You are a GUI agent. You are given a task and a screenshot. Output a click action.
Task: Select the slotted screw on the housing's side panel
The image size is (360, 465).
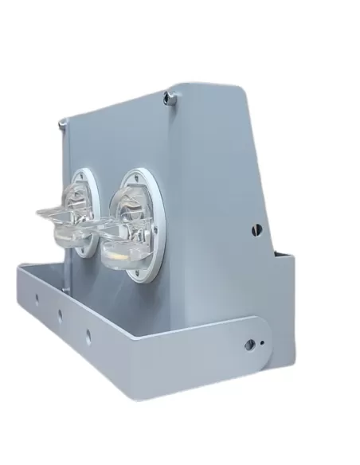pos(256,229)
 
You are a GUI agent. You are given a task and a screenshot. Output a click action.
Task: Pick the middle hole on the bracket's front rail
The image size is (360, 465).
pos(60,314)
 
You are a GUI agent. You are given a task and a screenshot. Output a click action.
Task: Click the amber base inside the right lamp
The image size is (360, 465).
pos(119,254)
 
